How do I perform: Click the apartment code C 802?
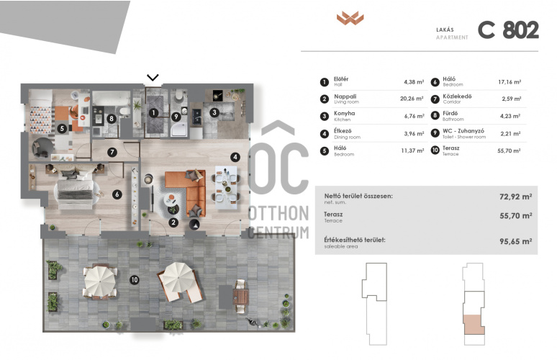click(508, 30)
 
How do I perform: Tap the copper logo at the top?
click(350, 18)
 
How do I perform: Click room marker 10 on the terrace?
click(135, 279)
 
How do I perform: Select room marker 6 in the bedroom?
click(117, 194)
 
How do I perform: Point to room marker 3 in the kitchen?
click(214, 112)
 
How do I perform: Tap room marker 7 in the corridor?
click(112, 152)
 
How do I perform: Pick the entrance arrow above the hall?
click(153, 77)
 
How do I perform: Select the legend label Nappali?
click(345, 96)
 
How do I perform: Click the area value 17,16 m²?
click(510, 82)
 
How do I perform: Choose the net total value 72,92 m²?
click(515, 197)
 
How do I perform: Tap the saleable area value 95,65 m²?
click(515, 241)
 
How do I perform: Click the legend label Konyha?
click(344, 113)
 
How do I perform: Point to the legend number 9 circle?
click(435, 133)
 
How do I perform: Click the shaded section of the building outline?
click(474, 325)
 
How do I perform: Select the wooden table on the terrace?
click(240, 297)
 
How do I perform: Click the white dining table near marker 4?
click(225, 187)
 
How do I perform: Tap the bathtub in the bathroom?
click(112, 99)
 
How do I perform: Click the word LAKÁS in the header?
click(445, 30)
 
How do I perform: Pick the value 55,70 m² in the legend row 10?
click(509, 150)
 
